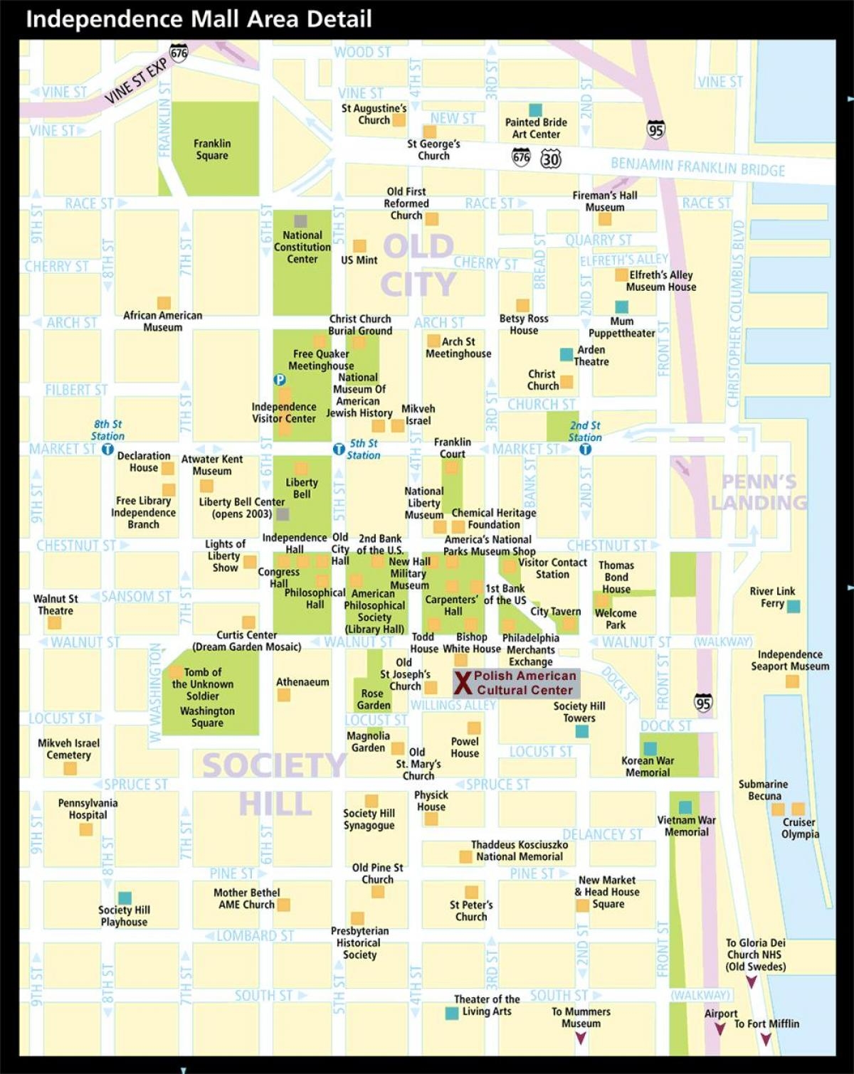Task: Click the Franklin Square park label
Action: (212, 149)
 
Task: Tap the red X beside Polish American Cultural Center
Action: (463, 683)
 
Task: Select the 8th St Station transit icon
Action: (107, 450)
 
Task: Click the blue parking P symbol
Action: (280, 380)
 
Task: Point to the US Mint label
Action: (359, 260)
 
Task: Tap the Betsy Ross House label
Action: (524, 324)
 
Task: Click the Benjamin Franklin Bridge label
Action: (697, 167)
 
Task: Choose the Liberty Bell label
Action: (302, 488)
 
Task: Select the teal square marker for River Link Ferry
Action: (794, 606)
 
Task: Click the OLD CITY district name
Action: (418, 265)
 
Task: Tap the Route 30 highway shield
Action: (551, 158)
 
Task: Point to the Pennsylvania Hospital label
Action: (88, 809)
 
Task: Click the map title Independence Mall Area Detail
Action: (199, 18)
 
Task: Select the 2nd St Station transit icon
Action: (585, 450)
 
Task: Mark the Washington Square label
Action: (207, 717)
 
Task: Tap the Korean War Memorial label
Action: (648, 766)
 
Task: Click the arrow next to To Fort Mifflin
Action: (766, 1039)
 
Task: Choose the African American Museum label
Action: (163, 321)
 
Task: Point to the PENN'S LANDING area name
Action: (759, 492)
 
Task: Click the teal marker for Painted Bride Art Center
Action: (536, 110)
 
